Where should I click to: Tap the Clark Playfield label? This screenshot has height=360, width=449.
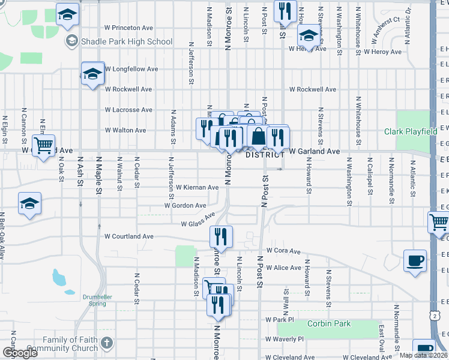pos(411,131)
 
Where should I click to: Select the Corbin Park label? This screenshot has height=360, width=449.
pos(328,324)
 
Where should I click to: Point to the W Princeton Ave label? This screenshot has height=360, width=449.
pos(128,28)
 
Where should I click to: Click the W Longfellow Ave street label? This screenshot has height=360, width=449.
pos(131,69)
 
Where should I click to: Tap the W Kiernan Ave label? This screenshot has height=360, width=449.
pos(197,187)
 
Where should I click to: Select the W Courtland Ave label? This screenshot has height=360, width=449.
pos(128,236)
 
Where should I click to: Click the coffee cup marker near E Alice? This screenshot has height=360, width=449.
pos(415,260)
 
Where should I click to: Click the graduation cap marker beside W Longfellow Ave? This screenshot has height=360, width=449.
pos(93,74)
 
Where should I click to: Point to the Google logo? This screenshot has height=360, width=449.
pos(20,353)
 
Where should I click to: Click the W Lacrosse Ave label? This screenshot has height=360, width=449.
pos(128,110)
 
